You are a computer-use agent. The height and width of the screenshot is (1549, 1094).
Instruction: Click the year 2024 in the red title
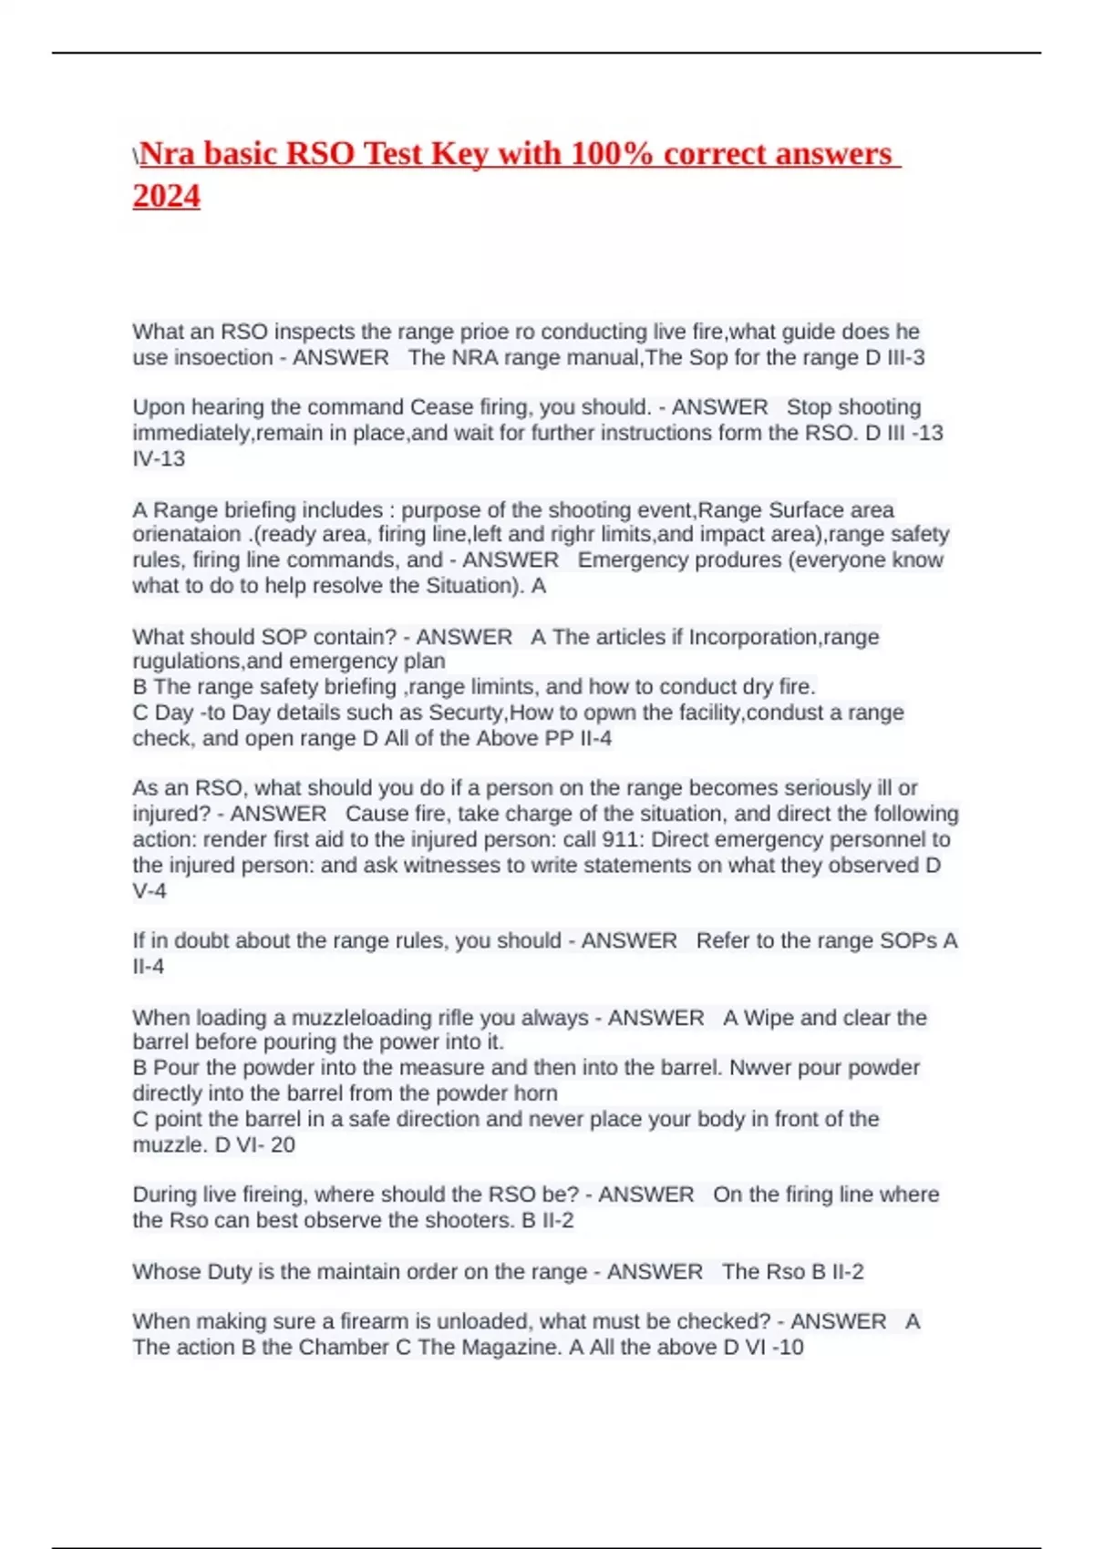166,196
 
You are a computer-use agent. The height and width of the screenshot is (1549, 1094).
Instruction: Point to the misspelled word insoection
223,357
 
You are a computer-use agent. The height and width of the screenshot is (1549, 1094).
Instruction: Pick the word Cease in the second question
436,406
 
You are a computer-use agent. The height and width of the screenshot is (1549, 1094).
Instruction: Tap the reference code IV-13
159,458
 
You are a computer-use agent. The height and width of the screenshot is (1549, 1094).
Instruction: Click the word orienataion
187,534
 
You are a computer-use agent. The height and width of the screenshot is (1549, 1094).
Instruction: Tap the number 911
620,839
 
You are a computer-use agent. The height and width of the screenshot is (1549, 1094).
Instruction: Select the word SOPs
908,940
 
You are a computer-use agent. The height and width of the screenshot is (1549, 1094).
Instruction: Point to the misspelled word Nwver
759,1067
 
